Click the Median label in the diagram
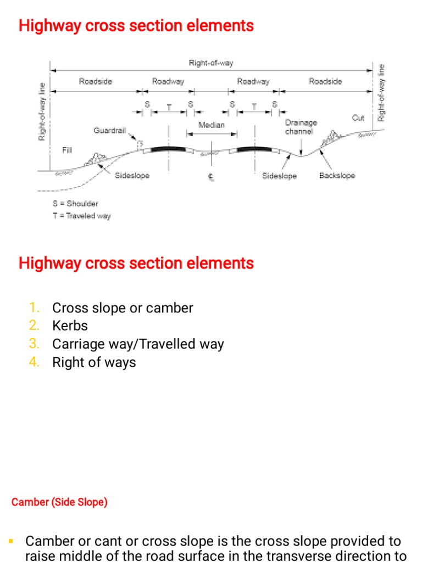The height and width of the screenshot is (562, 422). [x=212, y=125]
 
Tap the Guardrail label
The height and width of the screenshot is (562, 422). [x=109, y=131]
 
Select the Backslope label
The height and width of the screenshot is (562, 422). [x=337, y=176]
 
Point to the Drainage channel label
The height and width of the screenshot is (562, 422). [x=301, y=127]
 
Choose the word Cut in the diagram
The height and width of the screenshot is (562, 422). [x=358, y=118]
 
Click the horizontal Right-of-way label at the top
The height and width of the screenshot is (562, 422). [x=211, y=63]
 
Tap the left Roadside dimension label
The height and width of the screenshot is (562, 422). [x=96, y=81]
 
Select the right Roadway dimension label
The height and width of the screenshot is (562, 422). [x=253, y=81]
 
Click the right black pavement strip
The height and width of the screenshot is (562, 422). [x=253, y=148]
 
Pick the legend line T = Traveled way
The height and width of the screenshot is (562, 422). [x=81, y=216]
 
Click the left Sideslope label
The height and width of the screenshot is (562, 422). [x=132, y=176]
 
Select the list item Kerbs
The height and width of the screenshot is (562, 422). [x=70, y=325]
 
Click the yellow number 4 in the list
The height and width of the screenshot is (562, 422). [x=35, y=362]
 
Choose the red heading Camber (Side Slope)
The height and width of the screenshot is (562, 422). [x=59, y=502]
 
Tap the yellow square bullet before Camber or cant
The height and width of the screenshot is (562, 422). [x=11, y=541]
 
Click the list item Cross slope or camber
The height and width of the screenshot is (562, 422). [x=123, y=308]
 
